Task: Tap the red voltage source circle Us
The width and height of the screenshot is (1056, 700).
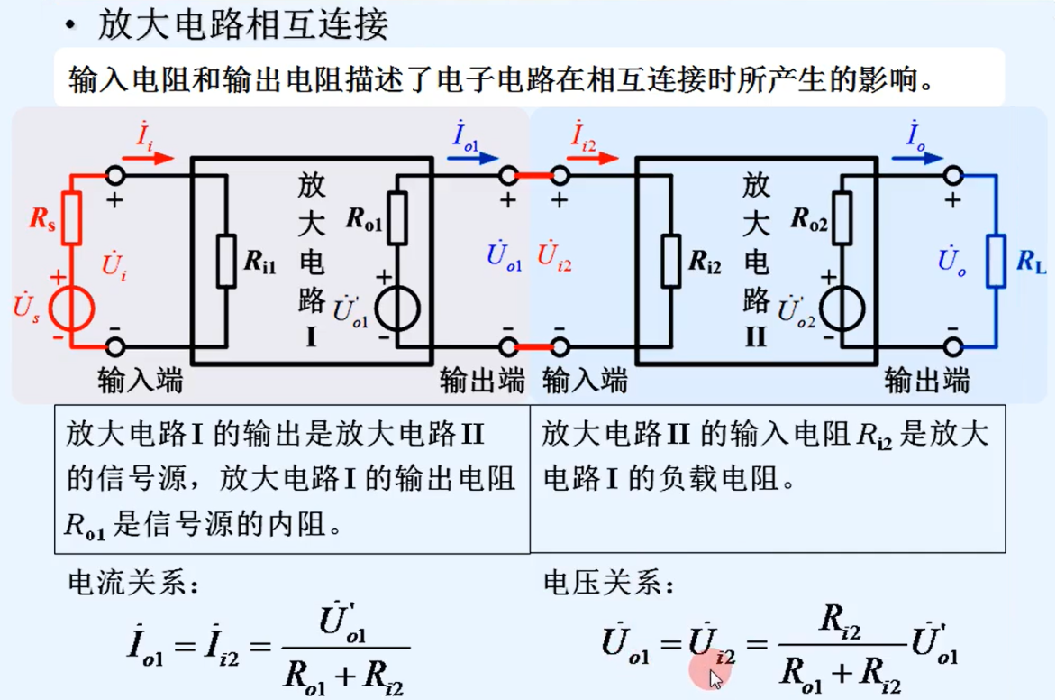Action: pyautogui.click(x=71, y=309)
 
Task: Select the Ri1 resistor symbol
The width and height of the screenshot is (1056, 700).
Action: pyautogui.click(x=225, y=262)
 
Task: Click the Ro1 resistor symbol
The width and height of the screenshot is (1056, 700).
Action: pyautogui.click(x=396, y=218)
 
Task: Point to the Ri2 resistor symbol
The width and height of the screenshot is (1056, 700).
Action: pyautogui.click(x=669, y=262)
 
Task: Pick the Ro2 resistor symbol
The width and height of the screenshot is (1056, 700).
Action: pyautogui.click(x=841, y=218)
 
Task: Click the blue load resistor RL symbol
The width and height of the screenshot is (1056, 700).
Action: pyautogui.click(x=996, y=262)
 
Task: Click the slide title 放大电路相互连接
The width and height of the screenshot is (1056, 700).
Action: pyautogui.click(x=243, y=24)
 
